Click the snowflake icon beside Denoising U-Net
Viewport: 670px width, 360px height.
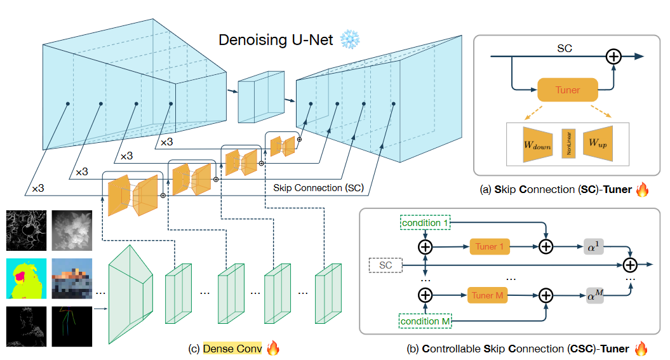[350, 40]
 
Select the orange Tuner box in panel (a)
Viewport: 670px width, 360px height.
[567, 90]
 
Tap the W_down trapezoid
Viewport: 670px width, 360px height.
[536, 143]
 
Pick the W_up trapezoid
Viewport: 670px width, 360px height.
[596, 143]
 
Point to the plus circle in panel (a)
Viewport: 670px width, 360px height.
[613, 57]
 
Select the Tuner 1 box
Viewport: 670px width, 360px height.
[490, 246]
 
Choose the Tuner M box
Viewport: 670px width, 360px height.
[490, 295]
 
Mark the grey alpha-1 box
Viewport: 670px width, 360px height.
[594, 246]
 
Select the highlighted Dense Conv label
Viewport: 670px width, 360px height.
[232, 348]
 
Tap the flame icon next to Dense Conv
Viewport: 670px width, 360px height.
[273, 348]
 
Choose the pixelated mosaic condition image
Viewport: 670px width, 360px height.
[70, 277]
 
